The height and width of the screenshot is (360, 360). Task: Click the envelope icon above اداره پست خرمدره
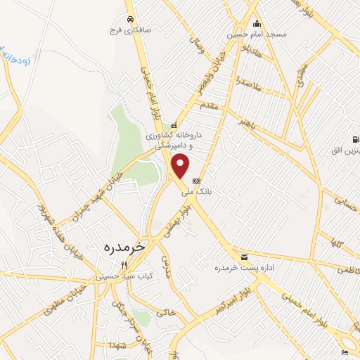[244, 257]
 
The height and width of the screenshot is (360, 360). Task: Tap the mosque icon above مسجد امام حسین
[257, 22]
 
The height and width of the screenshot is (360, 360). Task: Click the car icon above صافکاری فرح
[129, 19]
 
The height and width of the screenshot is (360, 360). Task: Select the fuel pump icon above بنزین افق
[355, 139]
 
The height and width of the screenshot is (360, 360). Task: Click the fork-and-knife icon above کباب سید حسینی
[124, 265]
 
